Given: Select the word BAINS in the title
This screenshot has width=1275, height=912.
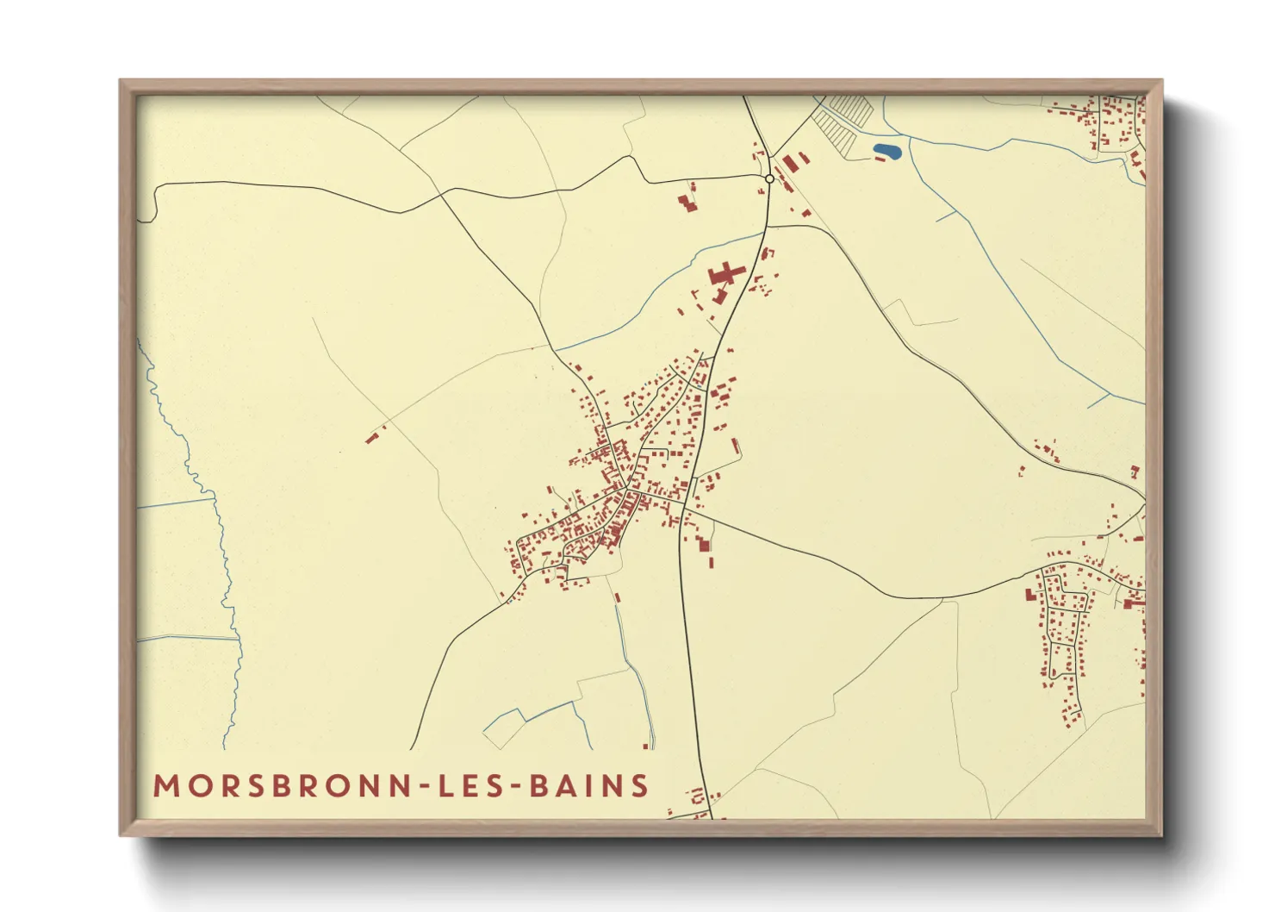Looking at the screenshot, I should coord(589,786).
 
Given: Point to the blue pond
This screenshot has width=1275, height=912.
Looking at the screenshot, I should coord(886,153).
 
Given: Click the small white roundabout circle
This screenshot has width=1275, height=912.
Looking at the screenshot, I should coord(769,178).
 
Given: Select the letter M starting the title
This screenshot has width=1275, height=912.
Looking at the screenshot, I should coord(165,786).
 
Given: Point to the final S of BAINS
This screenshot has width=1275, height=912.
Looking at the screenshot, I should coord(639,786).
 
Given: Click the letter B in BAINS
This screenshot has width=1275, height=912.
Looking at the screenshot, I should coord(539,786).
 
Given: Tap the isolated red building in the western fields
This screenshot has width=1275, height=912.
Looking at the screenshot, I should coord(373,437).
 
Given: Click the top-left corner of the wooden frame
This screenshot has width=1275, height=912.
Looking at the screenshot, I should coord(121,82).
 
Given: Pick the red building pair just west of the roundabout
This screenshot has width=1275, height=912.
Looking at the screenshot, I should coord(687,203).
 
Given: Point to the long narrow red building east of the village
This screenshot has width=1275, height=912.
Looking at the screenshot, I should coord(736,447).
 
